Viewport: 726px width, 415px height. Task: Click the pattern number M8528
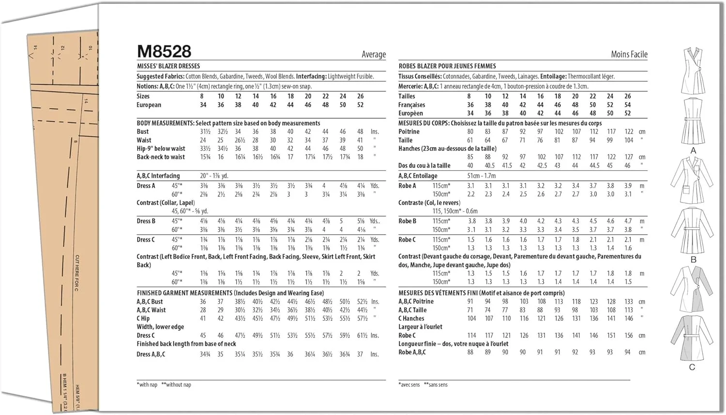(x=164, y=51)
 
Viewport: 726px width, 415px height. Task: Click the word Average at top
(x=374, y=55)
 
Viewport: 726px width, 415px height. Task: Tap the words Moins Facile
(x=629, y=55)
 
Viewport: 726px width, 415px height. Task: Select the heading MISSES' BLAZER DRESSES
(x=168, y=66)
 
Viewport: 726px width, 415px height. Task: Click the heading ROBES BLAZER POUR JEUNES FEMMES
(x=447, y=66)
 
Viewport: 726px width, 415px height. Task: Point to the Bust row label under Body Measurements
(x=143, y=132)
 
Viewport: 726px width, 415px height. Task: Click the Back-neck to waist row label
(x=161, y=157)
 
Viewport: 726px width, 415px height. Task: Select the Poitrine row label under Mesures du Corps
(x=409, y=132)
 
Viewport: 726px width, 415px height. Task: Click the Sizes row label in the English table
(x=143, y=96)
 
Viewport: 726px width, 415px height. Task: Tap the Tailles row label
(x=407, y=96)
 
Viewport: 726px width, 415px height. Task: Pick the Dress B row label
(x=146, y=221)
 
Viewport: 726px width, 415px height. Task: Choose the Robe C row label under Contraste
(x=407, y=240)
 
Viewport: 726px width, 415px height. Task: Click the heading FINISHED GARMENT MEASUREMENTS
(x=184, y=293)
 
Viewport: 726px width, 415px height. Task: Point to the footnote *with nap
(x=147, y=385)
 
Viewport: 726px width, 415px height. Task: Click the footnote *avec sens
(x=409, y=385)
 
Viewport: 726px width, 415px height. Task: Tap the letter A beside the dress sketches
(x=693, y=151)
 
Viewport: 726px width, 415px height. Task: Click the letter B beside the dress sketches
(x=693, y=260)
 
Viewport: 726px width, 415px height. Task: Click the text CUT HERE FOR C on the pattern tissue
(x=77, y=273)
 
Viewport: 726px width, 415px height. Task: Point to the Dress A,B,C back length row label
(x=151, y=355)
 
